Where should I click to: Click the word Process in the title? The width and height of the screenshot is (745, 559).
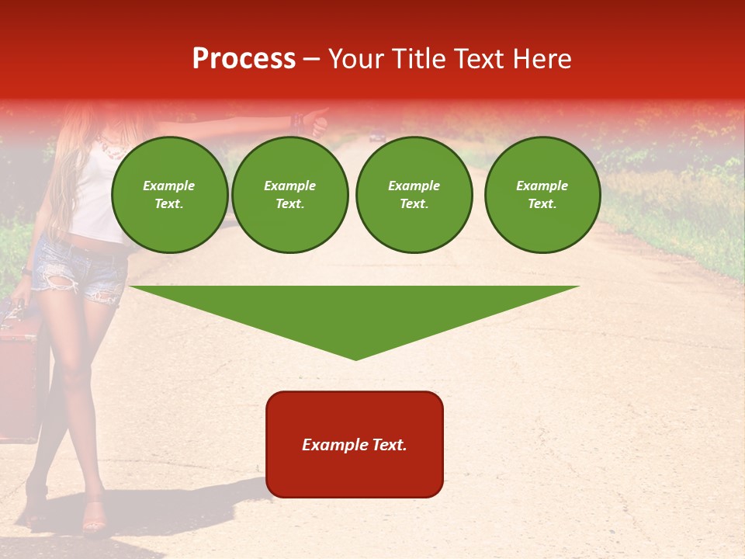[244, 59]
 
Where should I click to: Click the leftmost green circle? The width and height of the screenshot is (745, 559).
[169, 194]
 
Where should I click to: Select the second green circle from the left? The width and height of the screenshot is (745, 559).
[290, 194]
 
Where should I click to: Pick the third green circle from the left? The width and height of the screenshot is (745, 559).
[414, 194]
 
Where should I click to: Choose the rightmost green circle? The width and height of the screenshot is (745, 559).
[542, 194]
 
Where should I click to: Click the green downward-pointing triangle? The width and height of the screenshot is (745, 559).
[355, 314]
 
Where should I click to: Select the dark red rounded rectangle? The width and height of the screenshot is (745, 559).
[355, 444]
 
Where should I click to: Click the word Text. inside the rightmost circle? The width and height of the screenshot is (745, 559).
[542, 204]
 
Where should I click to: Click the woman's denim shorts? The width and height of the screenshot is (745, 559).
[81, 268]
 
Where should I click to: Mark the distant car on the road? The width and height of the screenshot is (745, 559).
[377, 137]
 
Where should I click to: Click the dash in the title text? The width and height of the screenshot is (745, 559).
[311, 59]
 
